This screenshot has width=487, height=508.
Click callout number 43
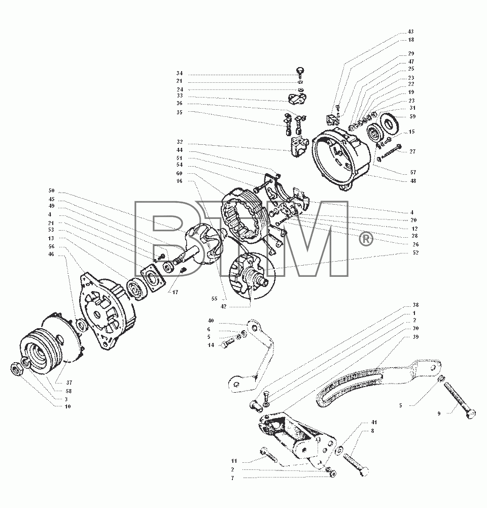(x=410, y=31)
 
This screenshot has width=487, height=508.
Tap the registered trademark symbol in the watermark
(x=366, y=239)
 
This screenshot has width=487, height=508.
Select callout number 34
(x=179, y=74)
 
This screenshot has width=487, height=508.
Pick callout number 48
(x=413, y=181)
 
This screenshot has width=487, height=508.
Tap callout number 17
(x=175, y=292)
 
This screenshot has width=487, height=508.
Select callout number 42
(x=223, y=306)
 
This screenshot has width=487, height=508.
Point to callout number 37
(x=69, y=383)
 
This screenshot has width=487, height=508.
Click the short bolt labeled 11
(x=268, y=455)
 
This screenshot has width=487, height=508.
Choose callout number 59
(x=412, y=117)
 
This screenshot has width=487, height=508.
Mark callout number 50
(x=51, y=191)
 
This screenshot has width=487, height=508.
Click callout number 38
(x=416, y=305)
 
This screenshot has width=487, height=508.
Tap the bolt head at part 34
(x=301, y=71)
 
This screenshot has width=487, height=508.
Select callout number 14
(x=211, y=345)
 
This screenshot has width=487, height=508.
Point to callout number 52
(x=415, y=252)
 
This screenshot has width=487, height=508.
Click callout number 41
(x=374, y=423)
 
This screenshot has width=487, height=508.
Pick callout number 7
(x=232, y=478)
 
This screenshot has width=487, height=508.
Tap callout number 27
(x=412, y=151)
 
